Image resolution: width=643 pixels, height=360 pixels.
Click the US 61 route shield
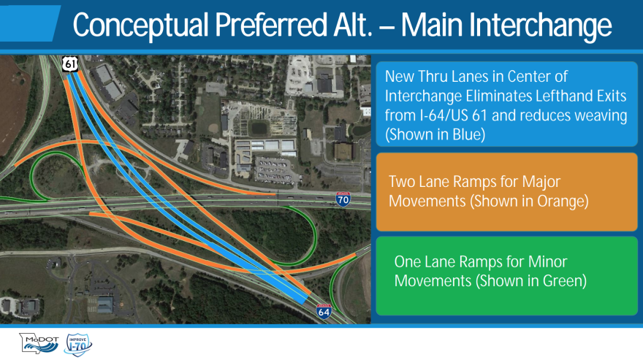pyautogui.click(x=70, y=64)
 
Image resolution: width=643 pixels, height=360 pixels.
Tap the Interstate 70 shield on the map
pyautogui.click(x=343, y=199)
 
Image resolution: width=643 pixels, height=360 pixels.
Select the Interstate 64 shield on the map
pyautogui.click(x=324, y=312)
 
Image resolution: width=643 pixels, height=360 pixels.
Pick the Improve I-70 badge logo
pyautogui.click(x=78, y=345)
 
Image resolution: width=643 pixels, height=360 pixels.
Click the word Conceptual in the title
pyautogui.click(x=140, y=26)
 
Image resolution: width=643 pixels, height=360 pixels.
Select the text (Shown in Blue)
pyautogui.click(x=435, y=134)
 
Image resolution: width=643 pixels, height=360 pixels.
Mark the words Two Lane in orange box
pyautogui.click(x=416, y=181)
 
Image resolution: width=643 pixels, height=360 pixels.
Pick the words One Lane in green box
pyautogui.click(x=422, y=261)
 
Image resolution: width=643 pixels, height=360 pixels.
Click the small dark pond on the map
pyautogui.click(x=259, y=129)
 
